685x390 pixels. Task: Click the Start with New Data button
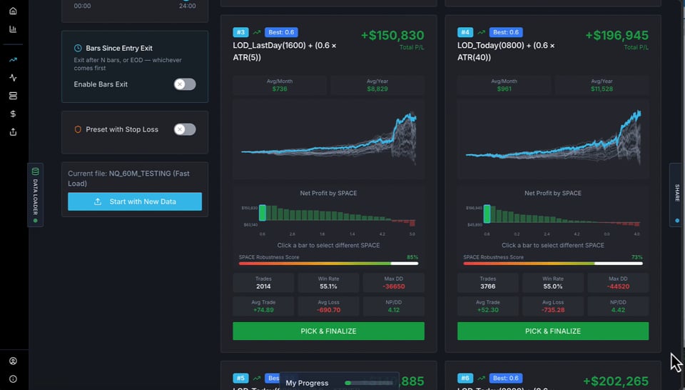pos(135,201)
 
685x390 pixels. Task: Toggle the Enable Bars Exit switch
pos(184,84)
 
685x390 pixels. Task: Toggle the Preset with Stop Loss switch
pos(184,129)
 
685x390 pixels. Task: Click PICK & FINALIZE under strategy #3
pos(328,331)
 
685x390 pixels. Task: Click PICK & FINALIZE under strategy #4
pos(553,331)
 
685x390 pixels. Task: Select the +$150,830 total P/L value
pos(392,36)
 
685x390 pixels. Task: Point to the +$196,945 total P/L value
pos(617,36)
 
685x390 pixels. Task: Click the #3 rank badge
pos(240,32)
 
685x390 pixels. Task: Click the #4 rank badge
pos(465,32)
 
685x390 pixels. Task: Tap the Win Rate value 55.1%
pos(328,286)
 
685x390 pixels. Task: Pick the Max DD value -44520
pos(618,286)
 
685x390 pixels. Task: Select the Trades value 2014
pos(263,286)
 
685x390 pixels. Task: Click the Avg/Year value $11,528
pos(602,89)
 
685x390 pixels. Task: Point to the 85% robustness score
pos(412,257)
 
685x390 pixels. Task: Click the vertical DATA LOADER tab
pos(35,195)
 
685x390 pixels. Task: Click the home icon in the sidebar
pos(13,11)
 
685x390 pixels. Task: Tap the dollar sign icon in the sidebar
pos(13,114)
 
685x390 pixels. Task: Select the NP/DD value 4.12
pos(393,310)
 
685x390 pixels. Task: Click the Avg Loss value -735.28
pos(553,310)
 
